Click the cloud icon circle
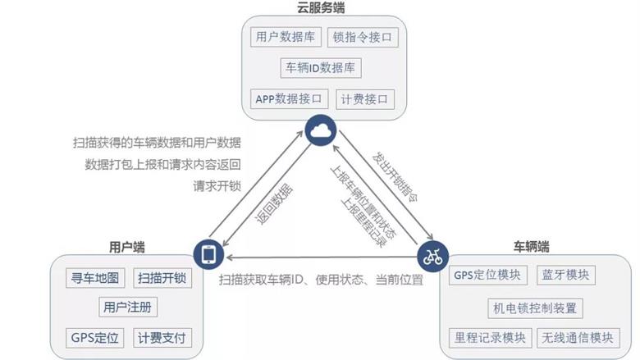point(321,130)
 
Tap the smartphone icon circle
point(208,254)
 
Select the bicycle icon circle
point(432,257)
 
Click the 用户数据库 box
point(286,37)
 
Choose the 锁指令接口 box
point(363,38)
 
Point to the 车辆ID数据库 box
point(321,68)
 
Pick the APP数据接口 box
point(289,99)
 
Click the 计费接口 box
point(365,99)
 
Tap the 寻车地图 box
point(95,278)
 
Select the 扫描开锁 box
point(162,278)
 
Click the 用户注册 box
point(128,307)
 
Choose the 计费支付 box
point(162,338)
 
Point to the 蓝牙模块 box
point(565,275)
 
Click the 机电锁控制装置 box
point(535,308)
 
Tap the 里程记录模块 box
point(490,338)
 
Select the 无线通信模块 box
point(578,338)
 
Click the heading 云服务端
point(321,7)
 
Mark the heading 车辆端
point(532,247)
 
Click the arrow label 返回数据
point(274,204)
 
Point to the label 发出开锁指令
point(395,177)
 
